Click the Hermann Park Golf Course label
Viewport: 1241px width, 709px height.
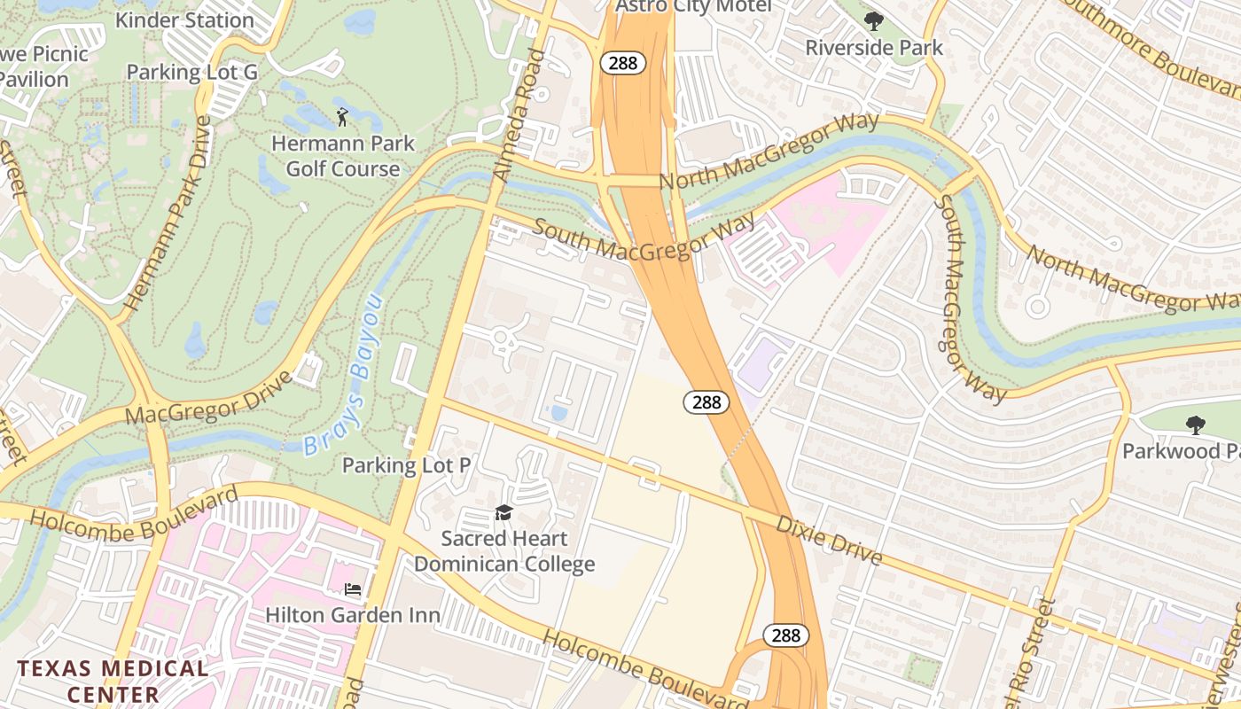pos(342,155)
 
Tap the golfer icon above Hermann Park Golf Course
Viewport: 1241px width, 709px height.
pos(342,116)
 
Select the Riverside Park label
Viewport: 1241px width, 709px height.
pos(874,48)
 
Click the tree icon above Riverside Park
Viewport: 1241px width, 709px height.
pos(874,20)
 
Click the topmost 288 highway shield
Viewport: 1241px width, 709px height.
pos(622,63)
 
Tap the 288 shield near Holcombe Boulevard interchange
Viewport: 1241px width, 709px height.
pos(785,635)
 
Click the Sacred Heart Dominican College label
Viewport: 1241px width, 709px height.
pos(504,550)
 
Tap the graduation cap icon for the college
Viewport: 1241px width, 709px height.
pos(503,512)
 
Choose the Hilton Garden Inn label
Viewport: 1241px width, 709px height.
pos(354,614)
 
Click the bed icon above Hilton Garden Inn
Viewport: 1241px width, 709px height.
pos(353,589)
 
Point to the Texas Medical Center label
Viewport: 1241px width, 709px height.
pos(113,681)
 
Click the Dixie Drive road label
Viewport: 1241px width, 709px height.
pos(830,540)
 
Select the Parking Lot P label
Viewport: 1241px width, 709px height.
pos(406,464)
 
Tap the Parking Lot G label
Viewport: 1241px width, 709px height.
pos(192,72)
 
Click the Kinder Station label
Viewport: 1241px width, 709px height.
pos(184,19)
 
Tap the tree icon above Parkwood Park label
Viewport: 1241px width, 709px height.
pos(1195,425)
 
